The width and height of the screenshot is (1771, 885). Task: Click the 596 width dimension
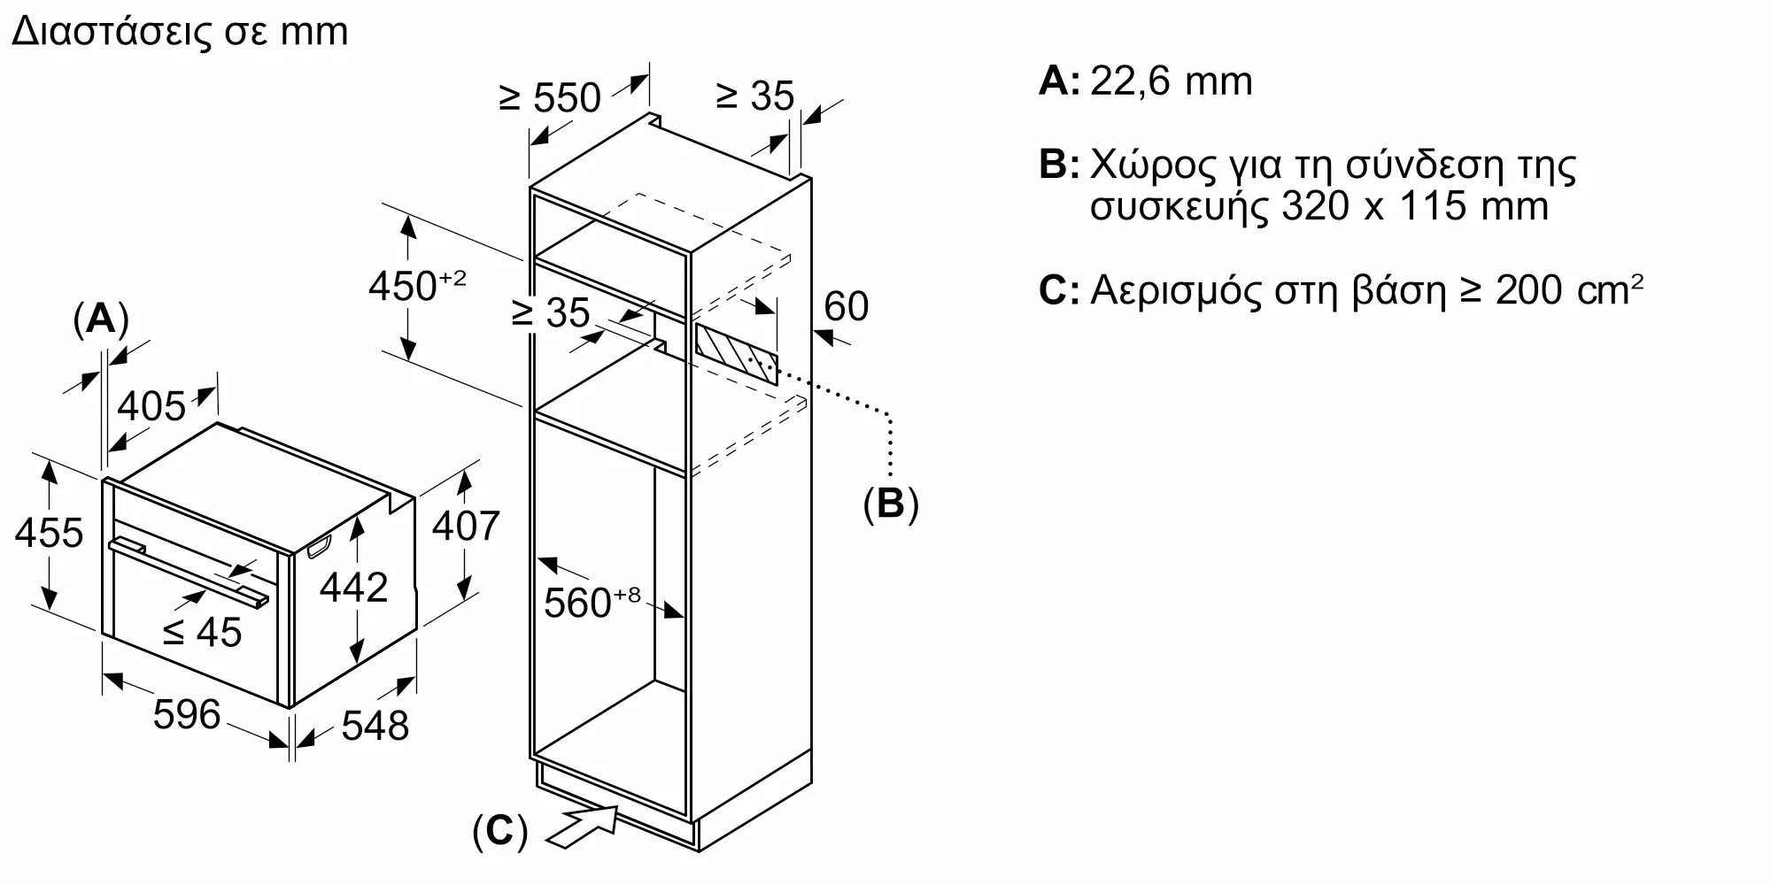pos(186,714)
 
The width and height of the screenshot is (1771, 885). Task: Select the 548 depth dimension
pos(375,726)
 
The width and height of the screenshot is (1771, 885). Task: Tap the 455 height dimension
pos(49,533)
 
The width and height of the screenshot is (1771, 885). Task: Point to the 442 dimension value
pos(353,588)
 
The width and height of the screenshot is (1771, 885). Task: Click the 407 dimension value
pos(466,526)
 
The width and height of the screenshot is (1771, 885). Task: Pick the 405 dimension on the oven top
pos(151,406)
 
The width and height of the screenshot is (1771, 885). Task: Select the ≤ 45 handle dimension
pos(203,632)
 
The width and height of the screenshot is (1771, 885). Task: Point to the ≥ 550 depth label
pos(550,97)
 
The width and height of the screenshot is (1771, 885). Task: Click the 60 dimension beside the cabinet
pos(846,306)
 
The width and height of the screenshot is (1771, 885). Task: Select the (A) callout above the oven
pos(101,319)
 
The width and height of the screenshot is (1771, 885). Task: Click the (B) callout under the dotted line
pos(891,503)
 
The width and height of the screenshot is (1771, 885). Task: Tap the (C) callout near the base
pos(499,832)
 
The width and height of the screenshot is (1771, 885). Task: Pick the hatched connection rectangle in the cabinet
pos(736,353)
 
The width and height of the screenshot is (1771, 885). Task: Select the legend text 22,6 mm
pos(1171,81)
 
